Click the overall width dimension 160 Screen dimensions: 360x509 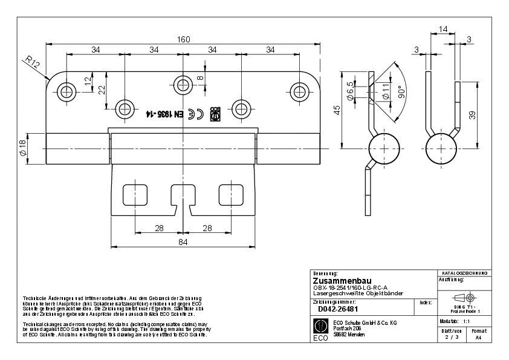click(183, 39)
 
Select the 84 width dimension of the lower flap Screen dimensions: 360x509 click(183, 242)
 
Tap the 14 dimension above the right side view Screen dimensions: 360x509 click(443, 28)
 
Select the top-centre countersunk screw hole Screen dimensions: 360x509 click(183, 83)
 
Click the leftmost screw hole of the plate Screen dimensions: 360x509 click(66, 91)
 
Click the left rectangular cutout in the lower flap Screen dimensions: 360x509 click(134, 195)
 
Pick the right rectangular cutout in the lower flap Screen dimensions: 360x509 click(230, 195)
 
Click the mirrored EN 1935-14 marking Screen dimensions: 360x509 click(164, 113)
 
